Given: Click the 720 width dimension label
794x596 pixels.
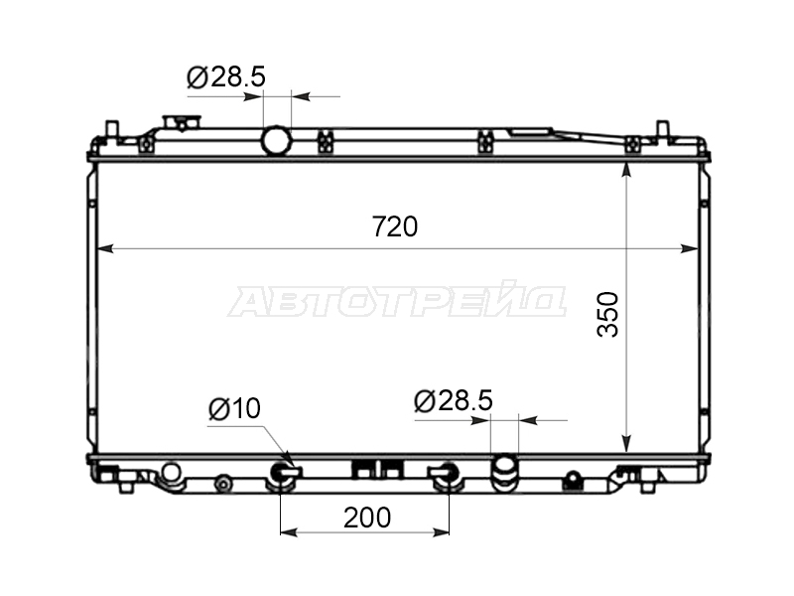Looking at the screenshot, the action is [x=395, y=226].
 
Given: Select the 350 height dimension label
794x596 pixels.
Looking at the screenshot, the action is [x=608, y=314].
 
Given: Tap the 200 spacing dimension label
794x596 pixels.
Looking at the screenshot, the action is [x=367, y=518].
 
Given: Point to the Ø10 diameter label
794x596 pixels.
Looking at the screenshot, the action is [x=234, y=408].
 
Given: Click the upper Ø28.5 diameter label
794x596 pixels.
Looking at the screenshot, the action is [x=226, y=77].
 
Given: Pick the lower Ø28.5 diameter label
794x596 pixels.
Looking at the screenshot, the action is [x=454, y=401].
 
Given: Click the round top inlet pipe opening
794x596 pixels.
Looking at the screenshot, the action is [x=277, y=140].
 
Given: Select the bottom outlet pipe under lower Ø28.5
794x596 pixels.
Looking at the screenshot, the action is [x=505, y=473].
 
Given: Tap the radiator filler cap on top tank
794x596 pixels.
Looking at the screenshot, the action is [x=182, y=123].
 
